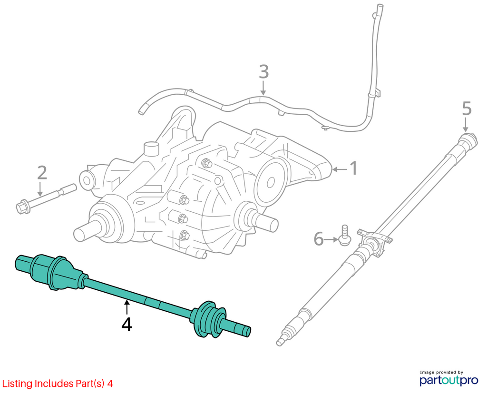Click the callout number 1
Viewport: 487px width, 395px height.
pos(353,168)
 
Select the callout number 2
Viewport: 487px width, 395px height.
pos(42,173)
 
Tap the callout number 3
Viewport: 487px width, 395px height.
pos(263,72)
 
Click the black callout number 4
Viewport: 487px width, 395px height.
pos(127,325)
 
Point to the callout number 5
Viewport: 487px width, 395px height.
pos(467,109)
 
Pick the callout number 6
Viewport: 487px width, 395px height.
pos(319,239)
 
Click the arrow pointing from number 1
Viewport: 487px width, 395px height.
pos(339,169)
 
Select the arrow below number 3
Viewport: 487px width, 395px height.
pos(263,88)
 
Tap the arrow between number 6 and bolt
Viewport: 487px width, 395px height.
pos(331,239)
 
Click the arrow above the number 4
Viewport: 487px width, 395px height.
pos(126,307)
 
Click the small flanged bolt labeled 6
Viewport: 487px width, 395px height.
pos(345,236)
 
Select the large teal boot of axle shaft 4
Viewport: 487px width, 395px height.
pos(58,273)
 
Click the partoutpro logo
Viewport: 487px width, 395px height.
pos(448,378)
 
